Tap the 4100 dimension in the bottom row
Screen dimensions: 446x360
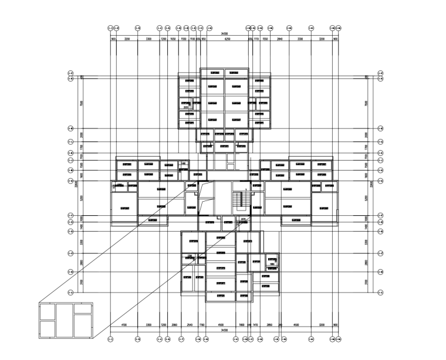point(124,324)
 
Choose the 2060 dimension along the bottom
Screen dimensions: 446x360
point(174,324)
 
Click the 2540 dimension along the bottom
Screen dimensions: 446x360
point(190,324)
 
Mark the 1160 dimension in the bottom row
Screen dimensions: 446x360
point(202,324)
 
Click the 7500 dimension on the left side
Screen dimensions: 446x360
point(82,103)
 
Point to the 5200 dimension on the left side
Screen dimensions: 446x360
point(82,198)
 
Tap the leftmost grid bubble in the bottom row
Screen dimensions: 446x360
point(112,339)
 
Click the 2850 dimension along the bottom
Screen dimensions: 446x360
point(270,324)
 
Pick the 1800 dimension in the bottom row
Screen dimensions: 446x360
point(242,324)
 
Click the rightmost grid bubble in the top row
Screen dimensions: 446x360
point(339,28)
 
